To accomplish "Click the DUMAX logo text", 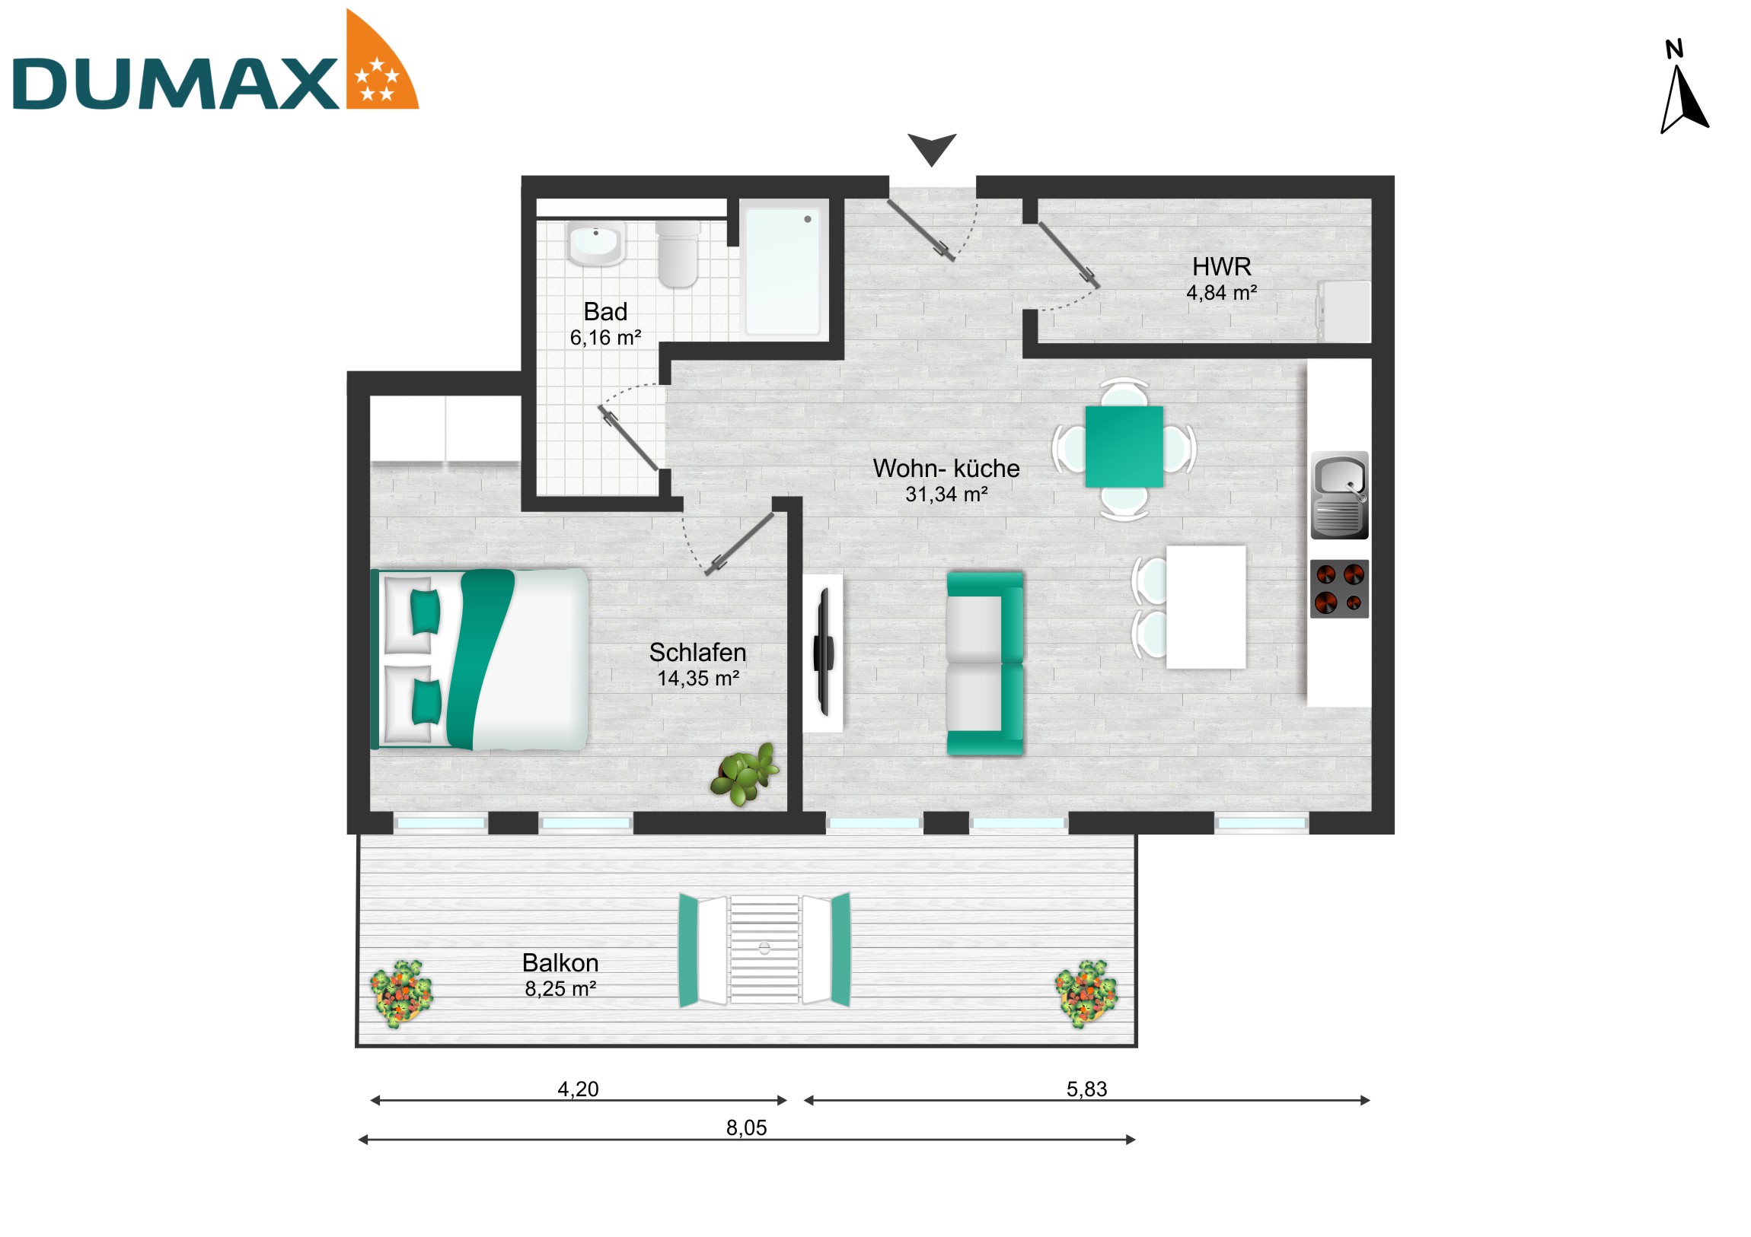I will pos(175,84).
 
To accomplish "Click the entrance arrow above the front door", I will pos(931,148).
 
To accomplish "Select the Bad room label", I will pos(604,312).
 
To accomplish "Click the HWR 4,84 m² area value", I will pos(1221,293).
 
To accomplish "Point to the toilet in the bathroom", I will pos(678,253).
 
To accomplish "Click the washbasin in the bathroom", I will pos(595,243).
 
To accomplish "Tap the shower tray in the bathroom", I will pos(783,271).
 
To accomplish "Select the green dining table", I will pos(1124,447).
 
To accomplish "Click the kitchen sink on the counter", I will pos(1339,495).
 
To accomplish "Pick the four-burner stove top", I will pos(1339,588).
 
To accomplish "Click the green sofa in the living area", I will pos(984,664).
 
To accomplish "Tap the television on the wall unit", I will pos(824,653).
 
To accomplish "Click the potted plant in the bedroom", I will pos(745,775).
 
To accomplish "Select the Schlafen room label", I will pos(697,653).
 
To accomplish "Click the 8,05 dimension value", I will pos(746,1127).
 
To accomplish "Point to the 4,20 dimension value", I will pos(577,1089).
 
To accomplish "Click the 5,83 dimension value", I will pos(1086,1089).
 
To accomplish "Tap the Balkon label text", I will pos(560,962).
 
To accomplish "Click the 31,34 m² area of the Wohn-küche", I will pos(946,494).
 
